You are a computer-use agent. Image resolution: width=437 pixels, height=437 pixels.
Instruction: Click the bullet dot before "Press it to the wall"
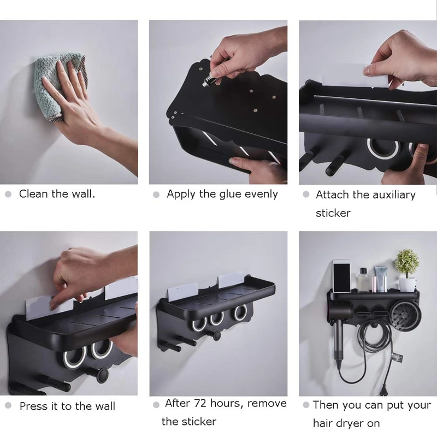pos(8,406)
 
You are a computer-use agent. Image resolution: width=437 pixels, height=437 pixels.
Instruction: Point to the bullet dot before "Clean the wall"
pos(8,194)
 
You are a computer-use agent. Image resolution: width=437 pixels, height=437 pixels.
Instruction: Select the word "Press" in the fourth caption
pos(33,406)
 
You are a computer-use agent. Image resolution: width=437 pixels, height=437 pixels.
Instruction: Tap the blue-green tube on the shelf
pos(380,280)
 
